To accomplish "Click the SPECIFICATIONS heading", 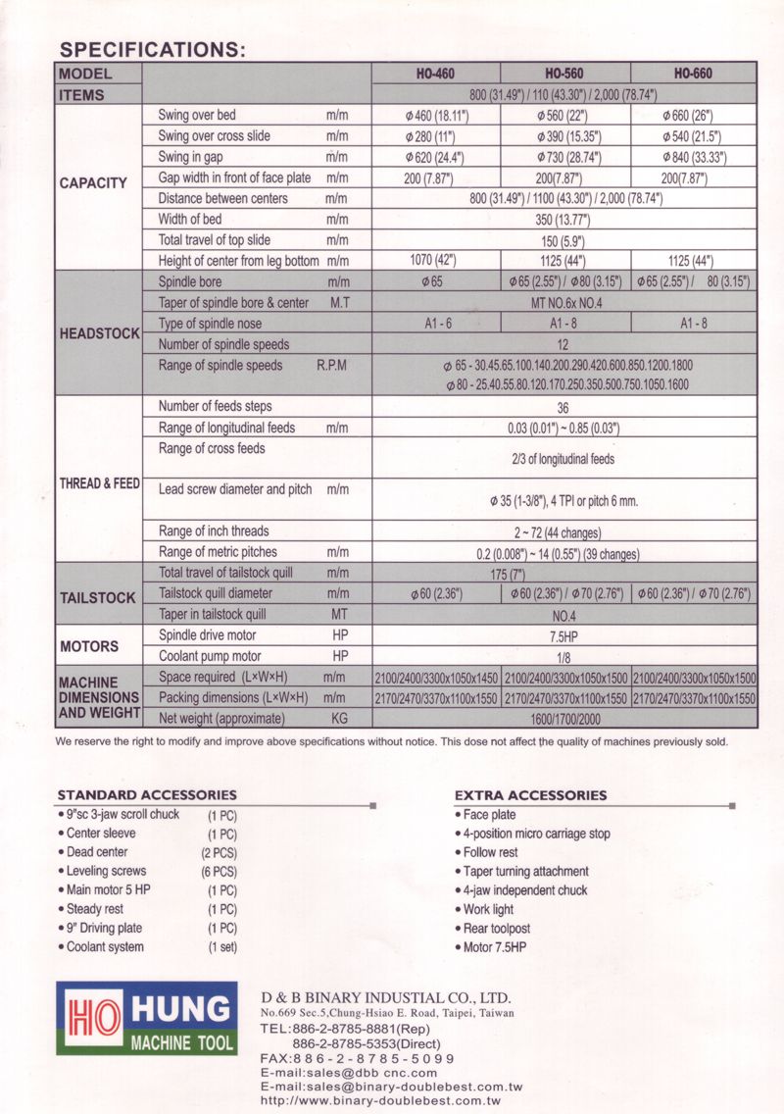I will [x=152, y=50].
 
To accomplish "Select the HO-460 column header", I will [x=435, y=74].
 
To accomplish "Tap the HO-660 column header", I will [x=693, y=74].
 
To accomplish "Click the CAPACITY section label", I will [x=93, y=182].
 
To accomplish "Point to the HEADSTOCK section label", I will [x=99, y=333].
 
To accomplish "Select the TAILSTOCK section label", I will [x=97, y=597].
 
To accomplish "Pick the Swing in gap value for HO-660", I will [x=693, y=158].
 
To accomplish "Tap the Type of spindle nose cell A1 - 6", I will [x=435, y=324].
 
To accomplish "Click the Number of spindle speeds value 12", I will [x=563, y=344].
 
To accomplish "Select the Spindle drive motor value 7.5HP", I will [x=563, y=635].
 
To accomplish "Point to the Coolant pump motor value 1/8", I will [x=563, y=657].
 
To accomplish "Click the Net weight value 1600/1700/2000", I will [x=563, y=719].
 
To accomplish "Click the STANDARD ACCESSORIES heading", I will [x=147, y=794].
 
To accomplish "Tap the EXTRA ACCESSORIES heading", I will [x=530, y=795].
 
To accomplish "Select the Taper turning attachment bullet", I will [x=525, y=871].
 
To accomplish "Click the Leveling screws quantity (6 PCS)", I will [x=219, y=871].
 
